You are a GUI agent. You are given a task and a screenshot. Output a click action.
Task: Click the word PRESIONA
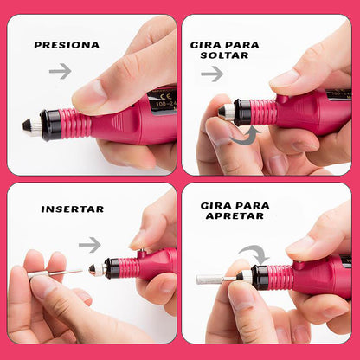pyautogui.click(x=67, y=44)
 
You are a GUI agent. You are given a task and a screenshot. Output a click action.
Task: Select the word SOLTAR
pyautogui.click(x=224, y=55)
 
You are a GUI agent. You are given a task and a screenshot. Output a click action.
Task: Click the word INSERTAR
pyautogui.click(x=72, y=209)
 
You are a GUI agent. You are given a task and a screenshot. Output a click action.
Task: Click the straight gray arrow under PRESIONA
pyautogui.click(x=60, y=71)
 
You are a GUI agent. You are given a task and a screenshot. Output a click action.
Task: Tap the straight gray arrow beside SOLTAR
pyautogui.click(x=212, y=74)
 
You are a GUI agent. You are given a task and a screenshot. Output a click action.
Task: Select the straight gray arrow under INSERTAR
pyautogui.click(x=89, y=245)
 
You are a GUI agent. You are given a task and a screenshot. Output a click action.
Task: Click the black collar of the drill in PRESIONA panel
pyautogui.click(x=51, y=124)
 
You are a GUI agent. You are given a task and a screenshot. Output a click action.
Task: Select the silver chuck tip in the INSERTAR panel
pyautogui.click(x=96, y=270)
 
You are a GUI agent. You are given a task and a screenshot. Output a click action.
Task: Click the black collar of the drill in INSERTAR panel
pyautogui.click(x=112, y=267)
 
